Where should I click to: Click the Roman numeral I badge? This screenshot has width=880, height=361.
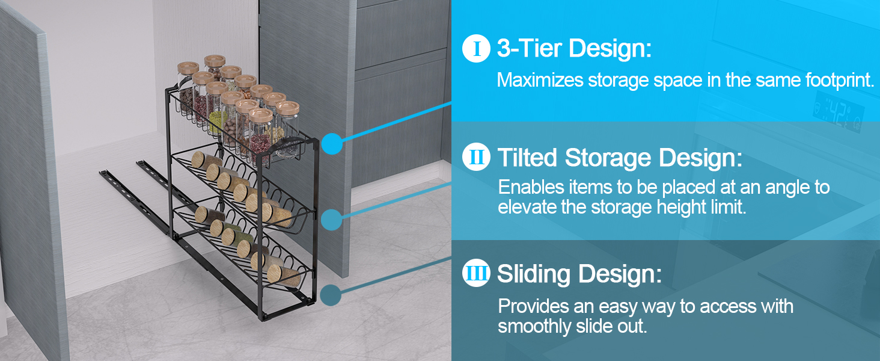pyautogui.click(x=477, y=49)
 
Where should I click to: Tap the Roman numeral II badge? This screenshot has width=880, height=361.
pyautogui.click(x=477, y=158)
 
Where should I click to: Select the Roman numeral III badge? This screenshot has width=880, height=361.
pyautogui.click(x=477, y=274)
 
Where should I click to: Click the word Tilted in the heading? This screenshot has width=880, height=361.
pyautogui.click(x=528, y=158)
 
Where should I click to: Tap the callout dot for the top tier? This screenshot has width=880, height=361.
pyautogui.click(x=331, y=144)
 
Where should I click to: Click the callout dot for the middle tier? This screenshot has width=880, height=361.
pyautogui.click(x=331, y=219)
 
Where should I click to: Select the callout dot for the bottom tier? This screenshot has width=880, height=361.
pyautogui.click(x=331, y=295)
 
